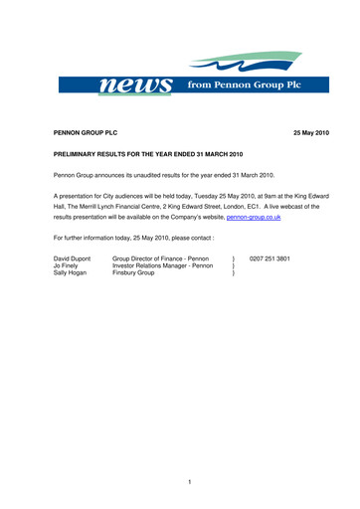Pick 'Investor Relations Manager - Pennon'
(163, 266)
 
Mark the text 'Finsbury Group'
(134, 274)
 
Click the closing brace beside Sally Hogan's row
(232, 274)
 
